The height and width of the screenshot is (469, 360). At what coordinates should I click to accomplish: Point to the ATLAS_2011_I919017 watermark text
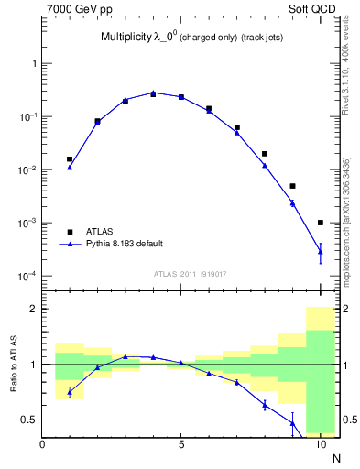click(191, 273)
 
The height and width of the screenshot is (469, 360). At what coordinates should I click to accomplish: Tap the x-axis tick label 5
click(181, 445)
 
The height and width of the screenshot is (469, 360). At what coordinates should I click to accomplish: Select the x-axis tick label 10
click(321, 445)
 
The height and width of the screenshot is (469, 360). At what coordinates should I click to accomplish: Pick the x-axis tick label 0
click(42, 445)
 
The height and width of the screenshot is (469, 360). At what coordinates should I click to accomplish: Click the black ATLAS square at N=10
click(321, 223)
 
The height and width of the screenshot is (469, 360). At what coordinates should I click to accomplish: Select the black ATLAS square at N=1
click(70, 159)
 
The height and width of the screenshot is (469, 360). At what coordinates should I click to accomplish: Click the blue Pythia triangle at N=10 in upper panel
click(321, 251)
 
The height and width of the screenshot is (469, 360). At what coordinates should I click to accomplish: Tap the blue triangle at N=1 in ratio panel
click(70, 392)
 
